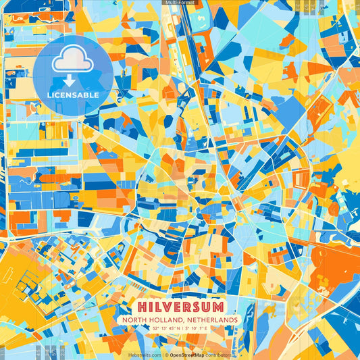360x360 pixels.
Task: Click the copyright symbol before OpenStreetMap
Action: (166, 355)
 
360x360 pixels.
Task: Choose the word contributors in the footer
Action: (219, 355)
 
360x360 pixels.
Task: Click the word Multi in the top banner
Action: (172, 3)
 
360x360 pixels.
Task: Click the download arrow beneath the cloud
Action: (70, 80)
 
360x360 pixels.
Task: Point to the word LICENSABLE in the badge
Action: (73, 95)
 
